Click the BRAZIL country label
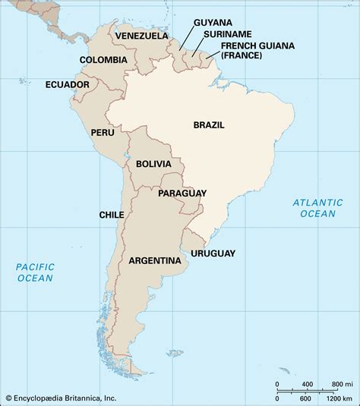point(209,124)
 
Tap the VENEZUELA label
point(140,35)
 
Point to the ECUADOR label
point(68,84)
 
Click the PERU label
point(103,131)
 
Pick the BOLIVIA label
point(154,164)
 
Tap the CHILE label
point(112,215)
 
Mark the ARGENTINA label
point(155,260)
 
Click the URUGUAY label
point(213,253)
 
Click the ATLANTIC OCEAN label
point(314,207)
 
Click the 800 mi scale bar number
point(334,384)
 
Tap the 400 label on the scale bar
point(308,384)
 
